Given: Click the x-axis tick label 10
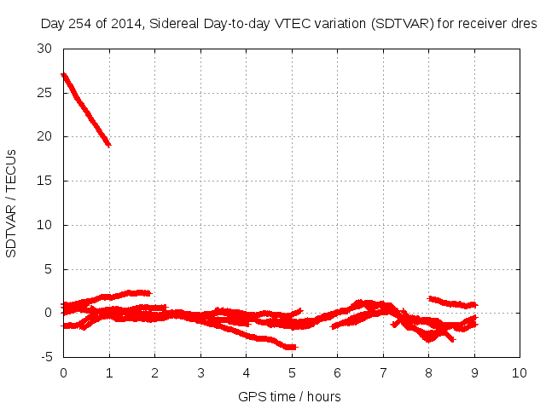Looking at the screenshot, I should tap(520, 373).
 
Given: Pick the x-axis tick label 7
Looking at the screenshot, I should tap(383, 373).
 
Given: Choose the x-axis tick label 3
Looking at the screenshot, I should tap(200, 373).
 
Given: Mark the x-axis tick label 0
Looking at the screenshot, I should tap(63, 373).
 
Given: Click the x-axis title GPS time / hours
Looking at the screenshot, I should tap(291, 396).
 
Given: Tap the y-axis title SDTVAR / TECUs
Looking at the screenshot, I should tap(12, 203).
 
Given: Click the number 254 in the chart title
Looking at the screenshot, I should tap(81, 24).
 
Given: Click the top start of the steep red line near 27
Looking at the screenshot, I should tap(64, 75).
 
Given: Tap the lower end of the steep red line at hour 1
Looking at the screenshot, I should tap(108, 145).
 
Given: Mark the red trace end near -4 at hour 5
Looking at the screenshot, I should tap(293, 347).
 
